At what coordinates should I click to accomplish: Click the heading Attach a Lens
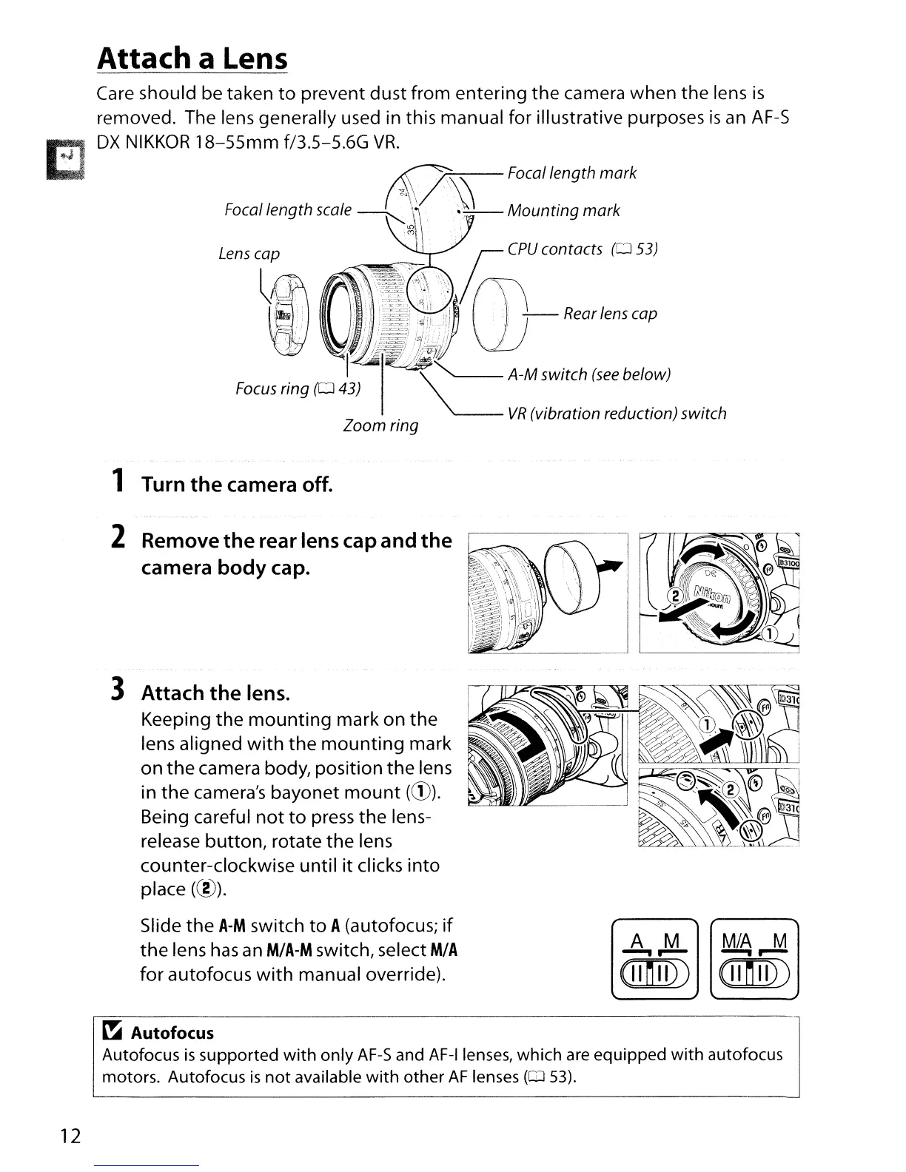coord(192,58)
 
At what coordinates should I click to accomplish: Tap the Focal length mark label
coord(571,173)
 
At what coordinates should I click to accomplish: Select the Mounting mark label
coord(563,211)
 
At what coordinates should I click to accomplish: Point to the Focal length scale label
coord(288,210)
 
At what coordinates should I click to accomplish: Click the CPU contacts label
coord(583,249)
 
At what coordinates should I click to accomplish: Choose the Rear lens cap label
coord(610,314)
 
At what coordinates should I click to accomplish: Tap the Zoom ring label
coord(381,426)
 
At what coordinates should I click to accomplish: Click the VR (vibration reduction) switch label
coord(617,414)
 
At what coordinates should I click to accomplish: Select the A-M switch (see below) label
coord(589,374)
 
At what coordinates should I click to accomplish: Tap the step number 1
coord(117,484)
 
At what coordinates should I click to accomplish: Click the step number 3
coord(117,691)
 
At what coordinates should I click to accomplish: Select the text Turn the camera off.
coord(238,485)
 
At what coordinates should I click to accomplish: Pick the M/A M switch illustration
coord(754,958)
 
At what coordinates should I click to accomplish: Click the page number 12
coord(70,1136)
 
